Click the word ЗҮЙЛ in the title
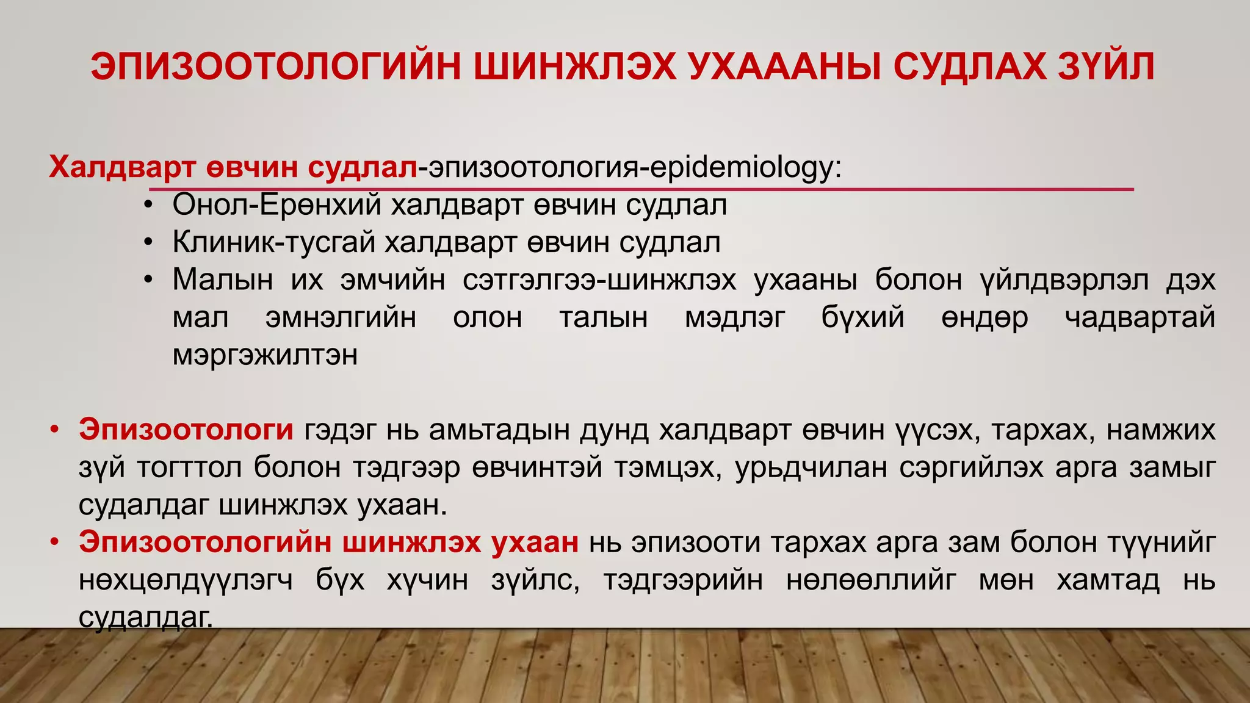point(1106,67)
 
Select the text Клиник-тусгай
point(273,242)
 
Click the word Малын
point(222,280)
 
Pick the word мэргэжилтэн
point(265,355)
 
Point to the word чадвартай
point(1140,317)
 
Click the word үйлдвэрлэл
point(1064,280)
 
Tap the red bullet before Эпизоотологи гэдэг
point(55,430)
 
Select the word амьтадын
point(500,430)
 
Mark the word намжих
point(1160,430)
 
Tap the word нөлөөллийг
point(871,580)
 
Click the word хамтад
point(1107,580)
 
